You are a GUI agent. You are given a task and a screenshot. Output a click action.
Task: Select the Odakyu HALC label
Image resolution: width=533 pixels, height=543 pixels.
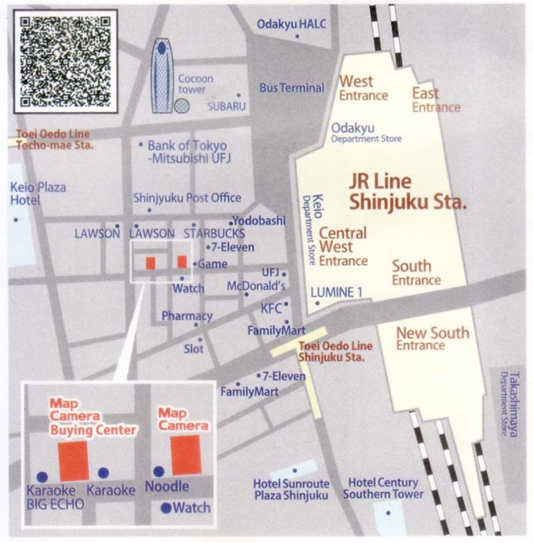[291, 25]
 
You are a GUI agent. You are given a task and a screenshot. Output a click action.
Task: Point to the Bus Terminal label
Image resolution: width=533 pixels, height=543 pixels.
[291, 87]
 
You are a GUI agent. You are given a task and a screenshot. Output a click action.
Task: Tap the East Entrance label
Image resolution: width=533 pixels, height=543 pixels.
[435, 100]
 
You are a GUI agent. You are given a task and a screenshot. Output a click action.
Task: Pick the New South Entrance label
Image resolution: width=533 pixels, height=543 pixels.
[431, 339]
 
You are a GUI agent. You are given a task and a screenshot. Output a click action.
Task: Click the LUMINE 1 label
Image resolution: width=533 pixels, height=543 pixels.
[336, 292]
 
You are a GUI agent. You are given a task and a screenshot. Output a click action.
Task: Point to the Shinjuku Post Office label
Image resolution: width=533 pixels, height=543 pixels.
[187, 198]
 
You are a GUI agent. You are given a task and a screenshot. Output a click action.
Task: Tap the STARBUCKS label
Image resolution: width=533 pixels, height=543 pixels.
[214, 234]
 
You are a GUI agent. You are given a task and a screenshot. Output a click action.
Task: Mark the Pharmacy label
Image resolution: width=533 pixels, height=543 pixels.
[187, 316]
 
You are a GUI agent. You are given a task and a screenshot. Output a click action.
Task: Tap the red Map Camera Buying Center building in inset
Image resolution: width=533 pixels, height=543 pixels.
[74, 460]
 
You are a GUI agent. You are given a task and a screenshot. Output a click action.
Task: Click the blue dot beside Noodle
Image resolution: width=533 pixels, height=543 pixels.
[159, 471]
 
